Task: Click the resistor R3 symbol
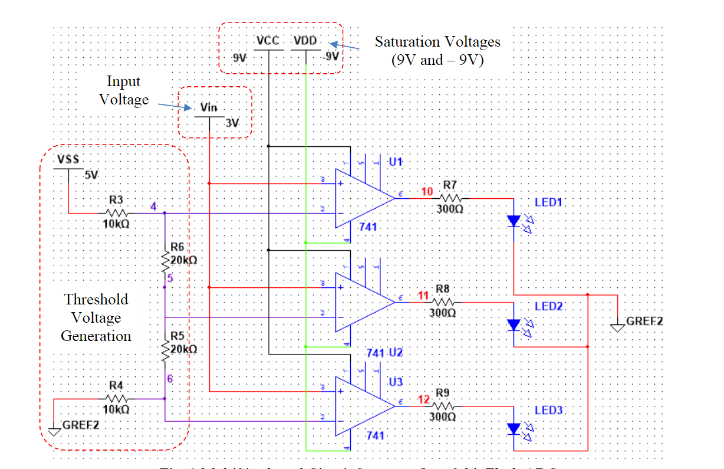pos(117,213)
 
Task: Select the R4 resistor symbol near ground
pos(116,399)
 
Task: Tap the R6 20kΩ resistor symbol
pos(164,260)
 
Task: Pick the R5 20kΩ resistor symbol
pos(164,349)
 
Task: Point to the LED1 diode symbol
pos(514,221)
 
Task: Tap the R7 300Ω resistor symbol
pos(449,199)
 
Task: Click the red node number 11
pos(423,295)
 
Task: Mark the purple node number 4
pos(153,207)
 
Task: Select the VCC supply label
pos(268,41)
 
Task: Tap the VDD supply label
pos(305,41)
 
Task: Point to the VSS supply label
pos(68,160)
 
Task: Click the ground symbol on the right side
pos(617,326)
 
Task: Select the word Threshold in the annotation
pos(96,299)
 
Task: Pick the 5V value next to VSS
pos(91,175)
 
